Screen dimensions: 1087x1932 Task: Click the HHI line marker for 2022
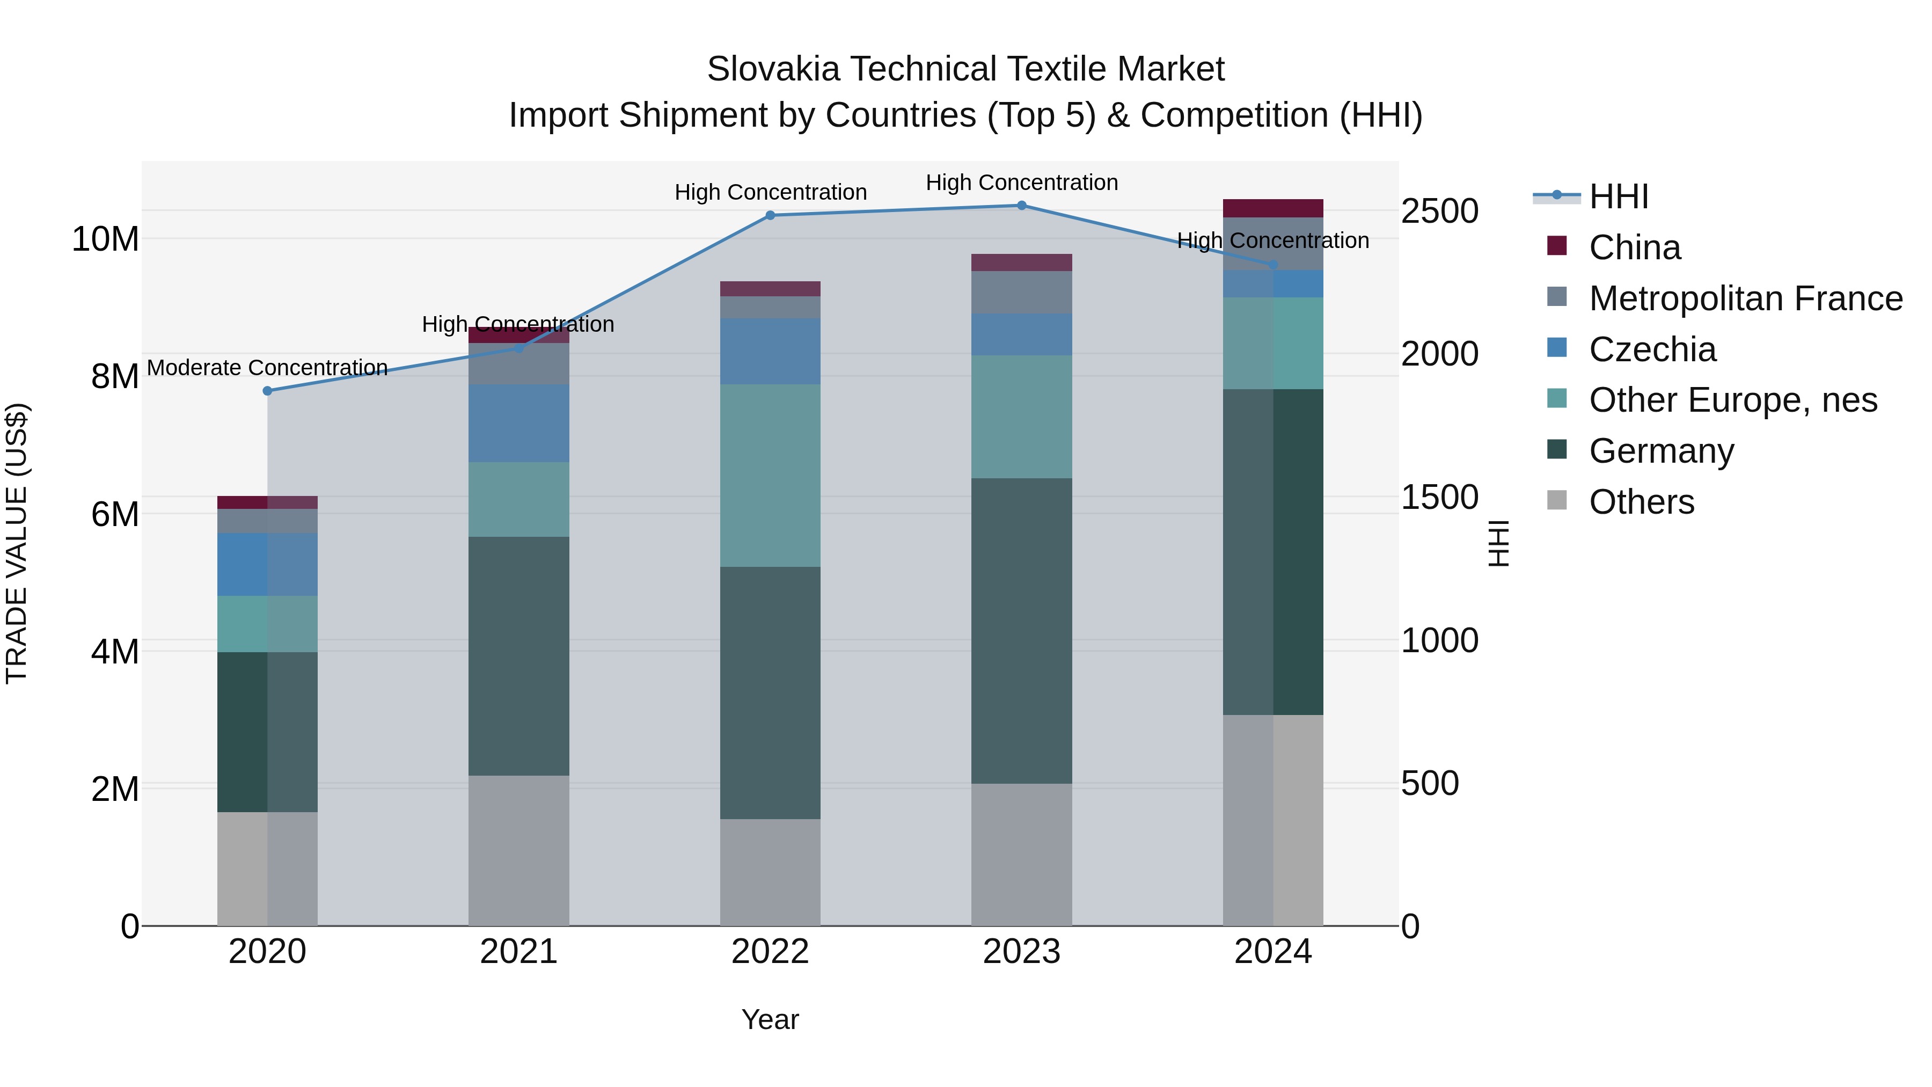pos(770,215)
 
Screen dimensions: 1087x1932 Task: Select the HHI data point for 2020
pos(267,391)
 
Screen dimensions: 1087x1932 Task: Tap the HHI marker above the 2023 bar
pos(1021,205)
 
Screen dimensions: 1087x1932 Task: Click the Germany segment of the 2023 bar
pos(1021,630)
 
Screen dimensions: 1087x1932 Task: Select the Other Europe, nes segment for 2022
pos(770,475)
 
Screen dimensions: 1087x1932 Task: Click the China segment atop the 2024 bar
pos(1273,208)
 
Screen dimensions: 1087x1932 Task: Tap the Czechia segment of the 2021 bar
pos(518,423)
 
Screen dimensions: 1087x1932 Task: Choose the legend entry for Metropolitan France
pos(1745,298)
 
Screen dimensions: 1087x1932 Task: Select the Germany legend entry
pos(1661,451)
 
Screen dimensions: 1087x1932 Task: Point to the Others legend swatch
pos(1557,500)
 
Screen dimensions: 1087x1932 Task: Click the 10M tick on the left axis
pos(105,239)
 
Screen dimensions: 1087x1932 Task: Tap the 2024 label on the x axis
pos(1273,952)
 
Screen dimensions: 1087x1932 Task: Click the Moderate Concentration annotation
pos(267,368)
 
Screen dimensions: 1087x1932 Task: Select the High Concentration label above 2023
pos(1021,183)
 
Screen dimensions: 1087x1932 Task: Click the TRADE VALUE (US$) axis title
pos(17,543)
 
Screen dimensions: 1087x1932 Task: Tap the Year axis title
pos(770,1019)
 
